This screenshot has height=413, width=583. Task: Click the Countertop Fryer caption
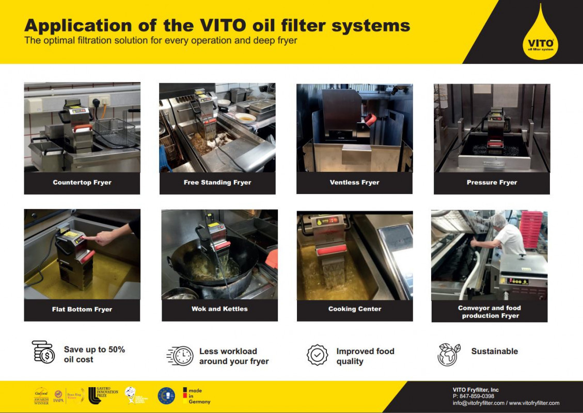coord(82,183)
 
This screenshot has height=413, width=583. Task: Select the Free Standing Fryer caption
coord(217,183)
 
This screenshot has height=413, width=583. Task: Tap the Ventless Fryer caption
coord(354,183)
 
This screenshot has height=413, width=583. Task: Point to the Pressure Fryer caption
coord(492,183)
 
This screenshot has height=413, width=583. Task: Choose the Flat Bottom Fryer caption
coord(82,310)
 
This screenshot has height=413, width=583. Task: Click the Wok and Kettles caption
coord(219,309)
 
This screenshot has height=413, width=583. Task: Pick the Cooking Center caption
coord(355,309)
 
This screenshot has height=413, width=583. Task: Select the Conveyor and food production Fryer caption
coord(490,312)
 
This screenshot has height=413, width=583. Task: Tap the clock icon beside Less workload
coord(181,356)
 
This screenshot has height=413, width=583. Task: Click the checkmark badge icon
coord(317,356)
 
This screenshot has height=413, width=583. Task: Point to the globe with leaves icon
coord(448,355)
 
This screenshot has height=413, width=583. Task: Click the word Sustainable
coord(494,352)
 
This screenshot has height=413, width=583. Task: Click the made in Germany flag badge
coord(196,395)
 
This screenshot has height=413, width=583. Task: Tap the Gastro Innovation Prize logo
coord(103,395)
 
